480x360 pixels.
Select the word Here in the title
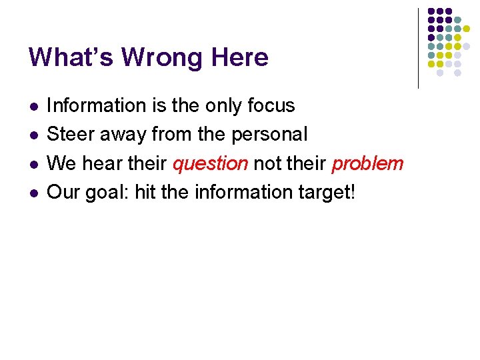point(239,57)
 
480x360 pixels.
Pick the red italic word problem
point(367,163)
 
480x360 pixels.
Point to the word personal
point(269,135)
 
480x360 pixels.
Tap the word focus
point(271,105)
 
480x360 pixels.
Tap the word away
point(125,135)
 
